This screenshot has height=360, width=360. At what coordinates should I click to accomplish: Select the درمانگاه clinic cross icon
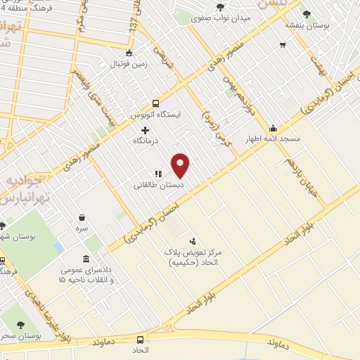pyautogui.click(x=146, y=130)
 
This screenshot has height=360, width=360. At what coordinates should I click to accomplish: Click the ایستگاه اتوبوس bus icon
pyautogui.click(x=155, y=103)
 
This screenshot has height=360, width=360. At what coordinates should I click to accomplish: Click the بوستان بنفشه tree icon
pyautogui.click(x=306, y=13)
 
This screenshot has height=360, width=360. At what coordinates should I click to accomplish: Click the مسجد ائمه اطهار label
pyautogui.click(x=273, y=139)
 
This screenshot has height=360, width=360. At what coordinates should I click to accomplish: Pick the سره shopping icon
pyautogui.click(x=83, y=217)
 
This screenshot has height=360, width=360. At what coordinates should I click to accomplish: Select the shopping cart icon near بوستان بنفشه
pyautogui.click(x=282, y=46)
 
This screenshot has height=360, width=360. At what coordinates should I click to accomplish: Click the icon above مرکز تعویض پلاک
pyautogui.click(x=193, y=240)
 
